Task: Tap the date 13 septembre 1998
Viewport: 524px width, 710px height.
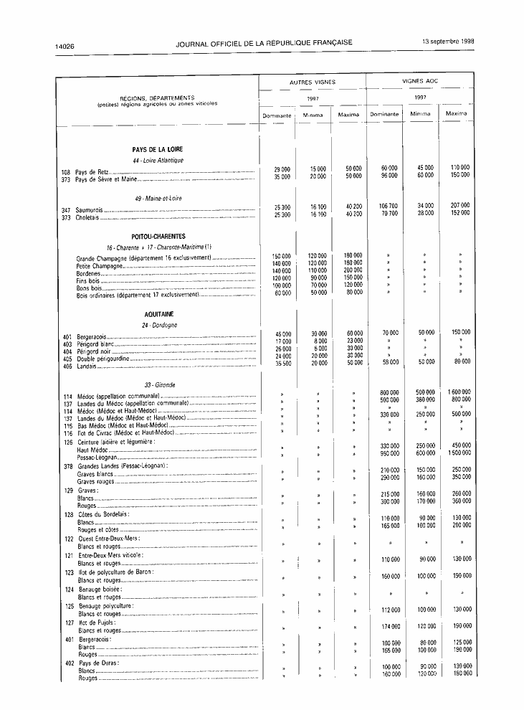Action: [448, 42]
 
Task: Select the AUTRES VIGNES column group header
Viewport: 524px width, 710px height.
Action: [313, 82]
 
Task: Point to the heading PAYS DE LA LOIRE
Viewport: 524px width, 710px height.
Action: [158, 149]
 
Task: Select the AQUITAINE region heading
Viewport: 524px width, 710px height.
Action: [158, 314]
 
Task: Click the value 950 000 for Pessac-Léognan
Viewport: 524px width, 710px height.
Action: [385, 454]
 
